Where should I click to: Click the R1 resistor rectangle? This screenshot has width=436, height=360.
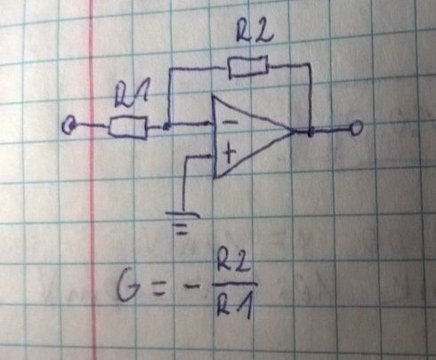(128, 127)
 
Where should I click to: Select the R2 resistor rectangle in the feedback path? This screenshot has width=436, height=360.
(248, 67)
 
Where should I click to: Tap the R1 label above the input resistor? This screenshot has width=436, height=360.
(131, 97)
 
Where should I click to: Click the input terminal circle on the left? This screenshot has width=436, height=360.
(69, 126)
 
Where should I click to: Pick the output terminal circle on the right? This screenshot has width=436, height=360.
(356, 128)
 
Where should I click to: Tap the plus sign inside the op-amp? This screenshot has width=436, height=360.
(229, 152)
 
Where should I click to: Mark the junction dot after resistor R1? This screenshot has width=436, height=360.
(166, 127)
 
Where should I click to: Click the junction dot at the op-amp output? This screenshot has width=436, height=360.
(311, 132)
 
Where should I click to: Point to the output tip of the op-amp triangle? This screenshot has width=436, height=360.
(295, 131)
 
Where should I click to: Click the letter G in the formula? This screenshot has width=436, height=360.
(128, 286)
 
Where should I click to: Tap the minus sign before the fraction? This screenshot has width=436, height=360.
(190, 286)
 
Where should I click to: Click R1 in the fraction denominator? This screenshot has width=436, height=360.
(235, 306)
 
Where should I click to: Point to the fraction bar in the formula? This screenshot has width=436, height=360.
(235, 284)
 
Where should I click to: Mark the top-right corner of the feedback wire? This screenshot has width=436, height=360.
(309, 64)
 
